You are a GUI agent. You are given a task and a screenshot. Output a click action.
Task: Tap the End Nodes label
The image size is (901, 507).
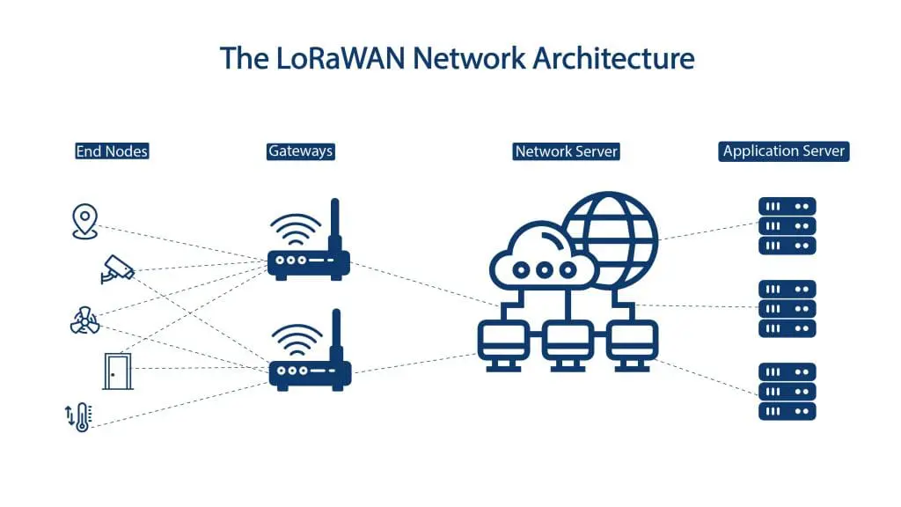112,151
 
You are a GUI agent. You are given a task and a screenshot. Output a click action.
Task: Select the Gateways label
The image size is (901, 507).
300,151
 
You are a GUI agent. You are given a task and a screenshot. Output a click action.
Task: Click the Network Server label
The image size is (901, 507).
567,151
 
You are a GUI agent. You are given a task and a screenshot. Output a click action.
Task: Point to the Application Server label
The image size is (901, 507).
784,151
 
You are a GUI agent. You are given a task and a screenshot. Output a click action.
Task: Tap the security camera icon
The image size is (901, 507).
117,268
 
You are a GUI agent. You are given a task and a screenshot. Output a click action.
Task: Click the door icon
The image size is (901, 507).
116,371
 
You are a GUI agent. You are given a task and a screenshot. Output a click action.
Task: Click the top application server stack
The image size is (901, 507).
787,226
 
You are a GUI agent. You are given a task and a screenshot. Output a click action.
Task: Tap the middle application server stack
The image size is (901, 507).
787,309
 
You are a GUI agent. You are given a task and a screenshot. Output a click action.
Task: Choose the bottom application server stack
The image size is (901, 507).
787,392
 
